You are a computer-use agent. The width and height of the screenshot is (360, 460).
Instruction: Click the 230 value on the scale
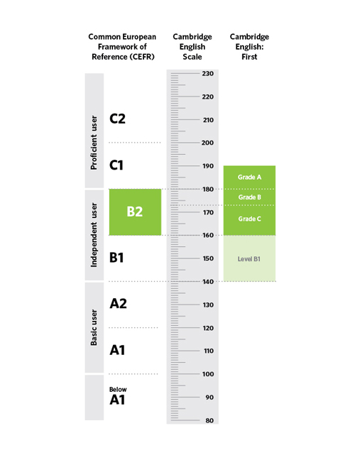(x=208, y=74)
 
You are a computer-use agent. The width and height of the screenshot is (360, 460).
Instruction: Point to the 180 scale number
(x=208, y=190)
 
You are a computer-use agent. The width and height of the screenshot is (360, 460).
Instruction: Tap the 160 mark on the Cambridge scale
(x=208, y=235)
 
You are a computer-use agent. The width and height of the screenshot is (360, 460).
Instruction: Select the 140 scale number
(x=208, y=282)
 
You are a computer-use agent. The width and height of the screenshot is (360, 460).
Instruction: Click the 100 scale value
(x=208, y=374)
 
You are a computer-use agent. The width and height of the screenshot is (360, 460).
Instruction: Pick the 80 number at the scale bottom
(x=209, y=420)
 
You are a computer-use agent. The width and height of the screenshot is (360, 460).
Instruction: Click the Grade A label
(x=249, y=177)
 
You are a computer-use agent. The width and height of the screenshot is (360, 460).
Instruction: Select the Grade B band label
(x=249, y=197)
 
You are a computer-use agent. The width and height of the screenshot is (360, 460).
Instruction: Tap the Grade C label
(x=249, y=219)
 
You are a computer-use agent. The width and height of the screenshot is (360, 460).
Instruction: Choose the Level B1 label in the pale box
(x=249, y=259)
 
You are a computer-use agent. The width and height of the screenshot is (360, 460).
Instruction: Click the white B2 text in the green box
(x=135, y=212)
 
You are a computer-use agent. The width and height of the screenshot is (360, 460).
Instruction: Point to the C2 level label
(x=117, y=119)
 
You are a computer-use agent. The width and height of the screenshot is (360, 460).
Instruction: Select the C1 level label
(x=116, y=165)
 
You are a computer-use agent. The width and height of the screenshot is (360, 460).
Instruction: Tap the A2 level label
(x=119, y=304)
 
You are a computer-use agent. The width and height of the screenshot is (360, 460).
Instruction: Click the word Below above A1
(x=118, y=390)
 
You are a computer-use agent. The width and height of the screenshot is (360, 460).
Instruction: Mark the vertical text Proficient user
(x=94, y=143)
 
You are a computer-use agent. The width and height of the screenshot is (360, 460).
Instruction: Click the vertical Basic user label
(x=94, y=327)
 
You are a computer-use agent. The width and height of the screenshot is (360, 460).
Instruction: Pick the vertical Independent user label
(x=94, y=235)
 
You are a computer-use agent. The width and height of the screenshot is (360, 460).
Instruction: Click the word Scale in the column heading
(x=192, y=57)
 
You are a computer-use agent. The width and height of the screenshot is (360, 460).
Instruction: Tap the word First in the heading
(x=249, y=57)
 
